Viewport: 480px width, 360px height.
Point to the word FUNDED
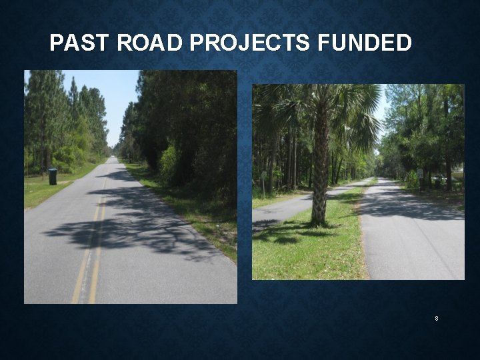(x=365, y=43)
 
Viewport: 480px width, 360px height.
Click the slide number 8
(x=437, y=319)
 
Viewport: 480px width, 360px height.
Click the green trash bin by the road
(x=53, y=176)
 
